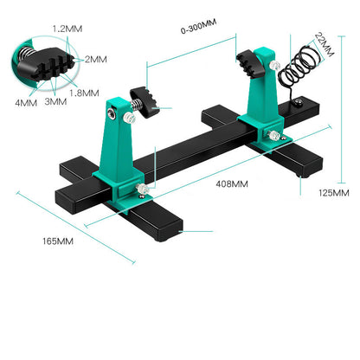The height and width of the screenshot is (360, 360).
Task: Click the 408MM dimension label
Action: click(x=232, y=183)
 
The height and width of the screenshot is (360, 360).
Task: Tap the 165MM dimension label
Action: click(x=56, y=240)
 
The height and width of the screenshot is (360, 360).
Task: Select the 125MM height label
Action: click(x=334, y=192)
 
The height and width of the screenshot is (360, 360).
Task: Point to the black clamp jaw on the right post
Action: click(x=254, y=61)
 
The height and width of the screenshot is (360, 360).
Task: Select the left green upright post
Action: click(x=121, y=147)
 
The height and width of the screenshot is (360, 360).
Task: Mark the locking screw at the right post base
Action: click(x=273, y=134)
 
